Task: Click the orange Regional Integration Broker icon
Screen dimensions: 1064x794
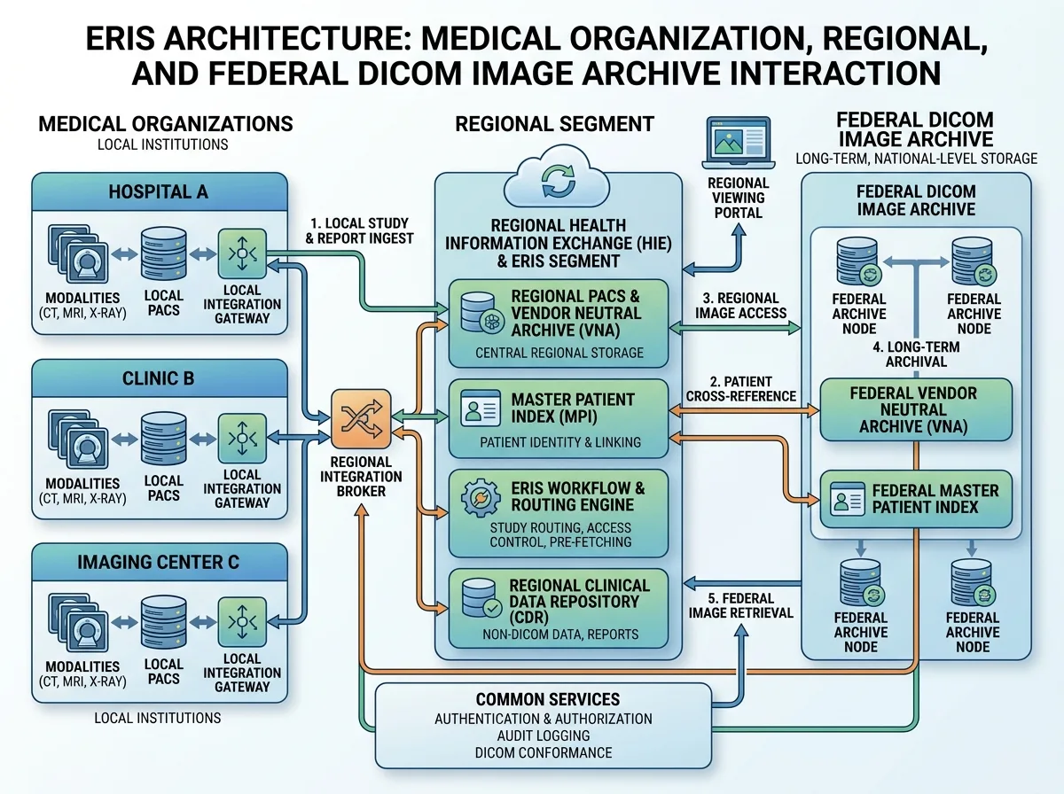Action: click(x=361, y=419)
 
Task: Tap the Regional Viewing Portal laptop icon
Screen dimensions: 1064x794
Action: click(x=739, y=143)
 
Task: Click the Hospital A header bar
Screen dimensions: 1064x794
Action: click(x=160, y=191)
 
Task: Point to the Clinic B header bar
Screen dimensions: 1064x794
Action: click(x=160, y=378)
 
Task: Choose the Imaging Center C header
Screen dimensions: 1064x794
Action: click(x=160, y=562)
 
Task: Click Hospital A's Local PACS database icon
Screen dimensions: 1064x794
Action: click(x=164, y=253)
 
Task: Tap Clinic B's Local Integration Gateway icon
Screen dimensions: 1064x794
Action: click(x=242, y=439)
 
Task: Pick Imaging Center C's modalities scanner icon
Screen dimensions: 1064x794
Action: click(x=79, y=621)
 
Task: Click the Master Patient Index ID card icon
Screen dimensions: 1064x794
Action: click(x=481, y=409)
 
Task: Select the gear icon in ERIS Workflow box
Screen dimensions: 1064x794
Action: click(x=481, y=498)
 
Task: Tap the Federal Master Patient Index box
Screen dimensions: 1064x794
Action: click(x=916, y=499)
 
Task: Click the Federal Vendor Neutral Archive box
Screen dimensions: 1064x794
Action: click(x=916, y=409)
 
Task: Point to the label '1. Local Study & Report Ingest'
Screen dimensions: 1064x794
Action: click(x=359, y=231)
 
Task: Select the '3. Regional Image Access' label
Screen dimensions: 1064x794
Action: click(x=740, y=306)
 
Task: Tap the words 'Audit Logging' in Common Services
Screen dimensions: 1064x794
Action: click(x=544, y=736)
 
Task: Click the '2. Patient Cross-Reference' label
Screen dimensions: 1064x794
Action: click(x=740, y=389)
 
